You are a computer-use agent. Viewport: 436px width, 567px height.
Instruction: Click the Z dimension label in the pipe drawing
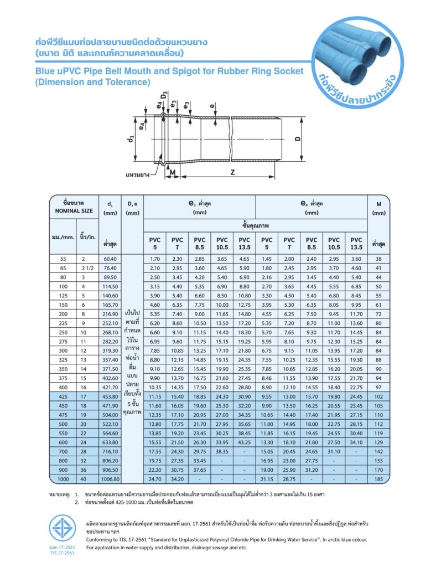tap(232, 172)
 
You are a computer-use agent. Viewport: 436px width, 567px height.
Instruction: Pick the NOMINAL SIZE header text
tap(74, 211)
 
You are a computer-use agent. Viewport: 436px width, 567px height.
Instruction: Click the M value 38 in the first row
tap(378, 259)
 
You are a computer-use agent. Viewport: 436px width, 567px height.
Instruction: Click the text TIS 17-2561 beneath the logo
tap(61, 552)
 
